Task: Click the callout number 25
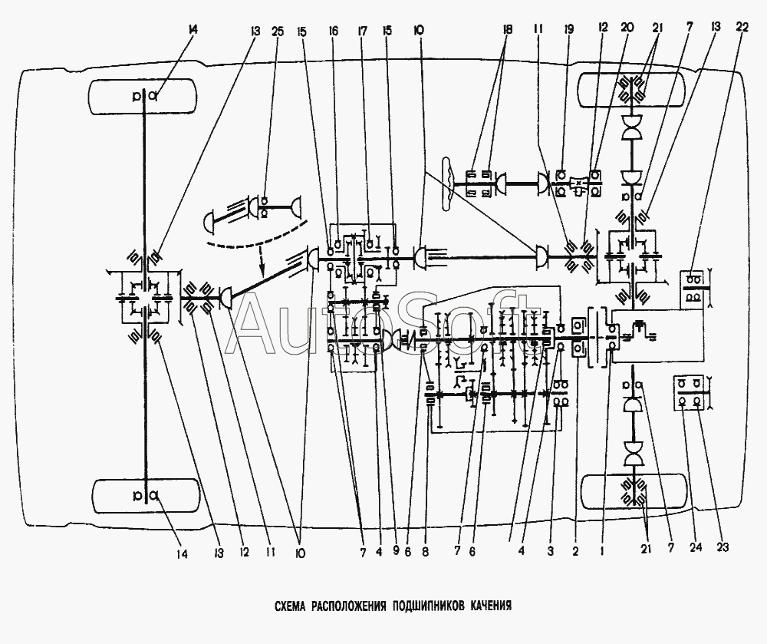coord(277,31)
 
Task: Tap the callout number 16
coord(334,31)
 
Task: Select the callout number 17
coord(363,31)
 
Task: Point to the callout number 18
coord(507,30)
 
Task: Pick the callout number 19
coord(569,30)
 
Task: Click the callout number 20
coord(627,28)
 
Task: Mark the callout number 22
coord(742,28)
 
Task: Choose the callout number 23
coord(723,547)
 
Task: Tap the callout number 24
coord(696,547)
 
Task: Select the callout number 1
coord(602,552)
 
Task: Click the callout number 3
coord(550,552)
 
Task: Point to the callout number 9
coord(396,552)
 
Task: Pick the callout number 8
coord(425,553)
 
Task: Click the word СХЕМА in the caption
coord(290,606)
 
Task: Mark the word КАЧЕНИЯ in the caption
coord(491,606)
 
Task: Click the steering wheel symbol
coord(447,184)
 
